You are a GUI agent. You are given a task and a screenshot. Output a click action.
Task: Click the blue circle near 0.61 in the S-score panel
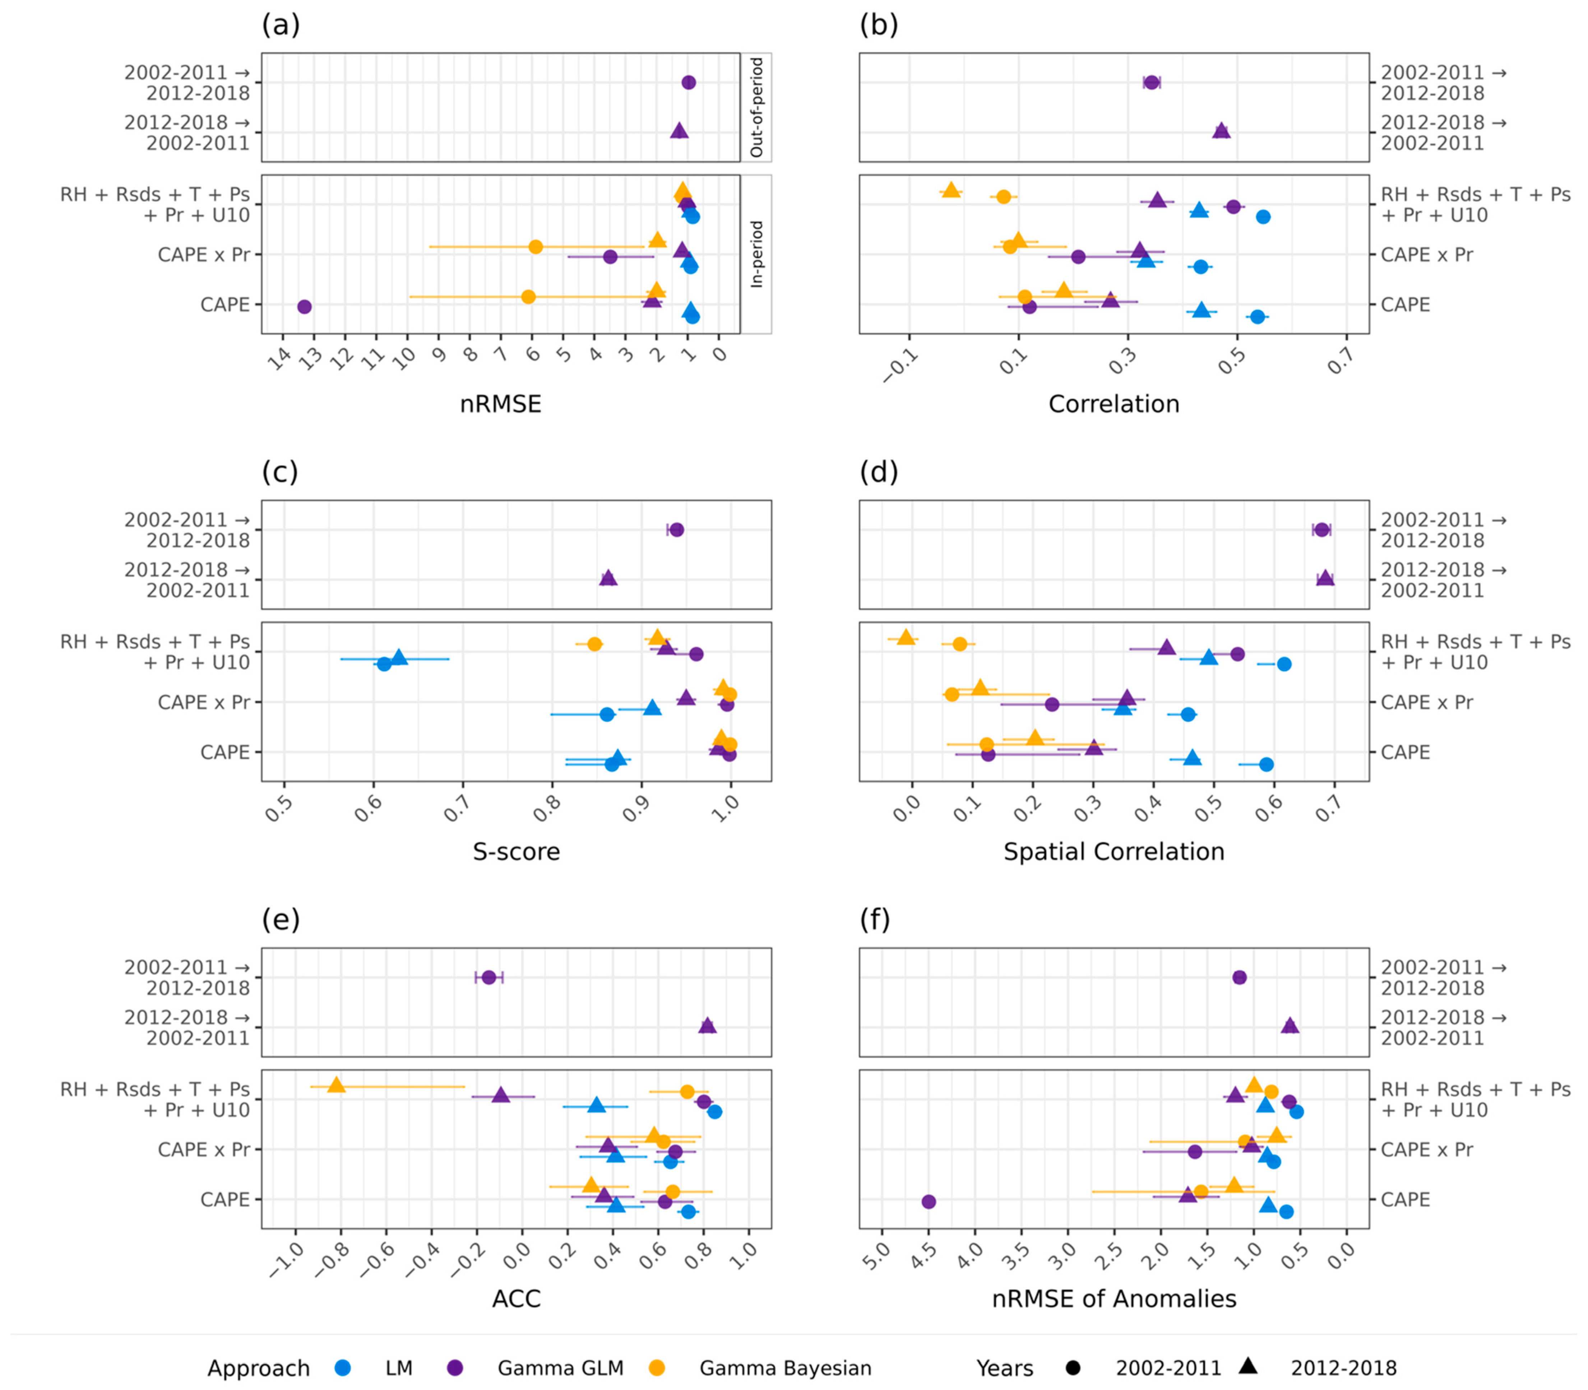[x=384, y=664]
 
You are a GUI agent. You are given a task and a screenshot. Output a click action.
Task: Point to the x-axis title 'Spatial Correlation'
[x=1114, y=852]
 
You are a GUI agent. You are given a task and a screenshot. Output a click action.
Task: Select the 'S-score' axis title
[x=517, y=852]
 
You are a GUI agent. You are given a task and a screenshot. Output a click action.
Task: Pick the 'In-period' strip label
[x=756, y=255]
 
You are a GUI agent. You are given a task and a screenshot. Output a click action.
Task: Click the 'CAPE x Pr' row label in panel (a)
[x=204, y=255]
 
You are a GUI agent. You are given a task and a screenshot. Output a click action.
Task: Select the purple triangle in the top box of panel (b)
[x=1221, y=131]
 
